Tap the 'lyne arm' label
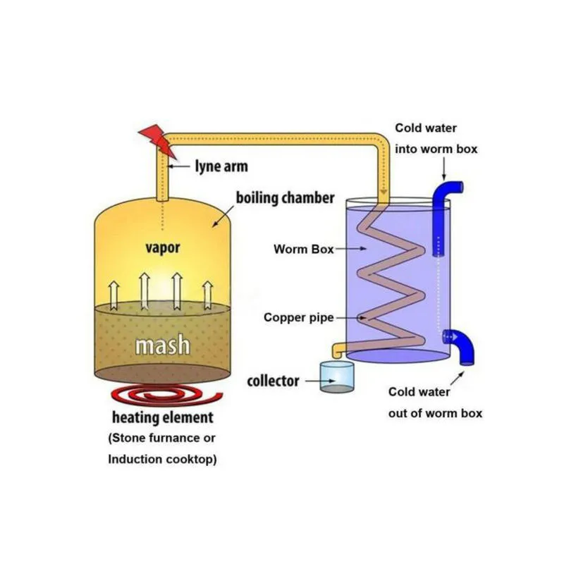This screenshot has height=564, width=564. pos(221,166)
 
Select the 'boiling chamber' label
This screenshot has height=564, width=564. pos(286,198)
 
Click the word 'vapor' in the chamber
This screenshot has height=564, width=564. pos(163,248)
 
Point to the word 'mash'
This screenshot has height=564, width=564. pos(163,345)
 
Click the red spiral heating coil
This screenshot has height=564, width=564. pos(167,395)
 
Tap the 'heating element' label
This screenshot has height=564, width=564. pos(163,417)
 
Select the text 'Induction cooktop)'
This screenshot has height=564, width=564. pos(162,460)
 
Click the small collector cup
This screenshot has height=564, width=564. pos(337,377)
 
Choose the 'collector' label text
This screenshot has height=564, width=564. pos(273,381)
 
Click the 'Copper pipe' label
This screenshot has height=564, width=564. pos(298,318)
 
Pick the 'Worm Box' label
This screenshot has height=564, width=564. pos(304,249)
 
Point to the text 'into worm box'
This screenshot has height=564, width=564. pos(436,149)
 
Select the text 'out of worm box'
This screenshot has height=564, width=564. pos(435,413)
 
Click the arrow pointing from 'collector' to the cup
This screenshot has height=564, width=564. pos(320,381)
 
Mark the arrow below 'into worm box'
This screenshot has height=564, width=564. pos(444,168)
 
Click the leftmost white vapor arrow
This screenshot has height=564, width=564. pos(114,295)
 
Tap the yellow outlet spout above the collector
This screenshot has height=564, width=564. pos(338,350)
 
